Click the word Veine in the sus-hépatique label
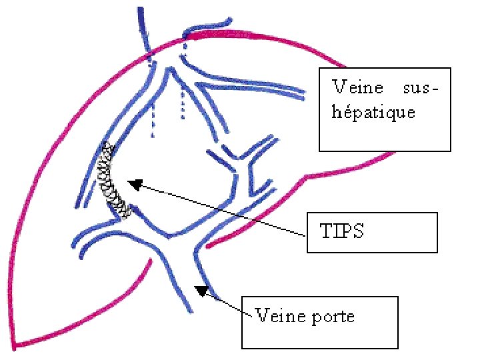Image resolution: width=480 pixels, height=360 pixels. tap(357, 87)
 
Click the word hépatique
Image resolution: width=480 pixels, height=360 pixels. tap(373, 112)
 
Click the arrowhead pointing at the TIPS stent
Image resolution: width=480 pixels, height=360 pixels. tap(135, 184)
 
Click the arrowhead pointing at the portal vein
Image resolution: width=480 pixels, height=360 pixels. tap(200, 289)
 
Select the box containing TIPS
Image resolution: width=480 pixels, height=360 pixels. tap(371, 232)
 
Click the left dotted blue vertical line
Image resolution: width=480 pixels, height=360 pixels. tap(153, 120)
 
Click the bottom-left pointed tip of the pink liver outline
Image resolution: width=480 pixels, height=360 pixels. tap(15, 345)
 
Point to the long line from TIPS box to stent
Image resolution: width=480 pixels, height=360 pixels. tap(220, 209)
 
